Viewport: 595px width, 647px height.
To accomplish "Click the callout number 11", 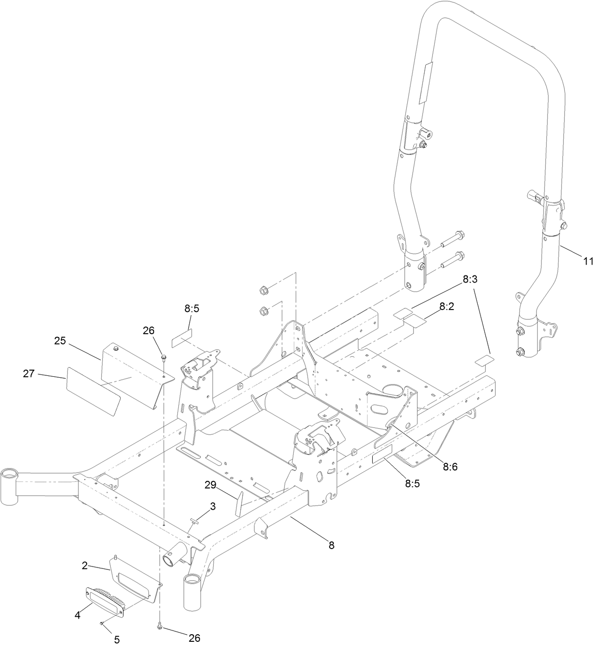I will pyautogui.click(x=588, y=260).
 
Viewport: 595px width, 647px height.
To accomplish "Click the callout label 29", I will pyautogui.click(x=211, y=485).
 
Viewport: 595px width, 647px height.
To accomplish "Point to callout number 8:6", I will pyautogui.click(x=450, y=467).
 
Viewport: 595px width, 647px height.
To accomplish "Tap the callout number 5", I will pyautogui.click(x=117, y=639).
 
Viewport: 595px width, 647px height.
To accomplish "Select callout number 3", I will pyautogui.click(x=213, y=506).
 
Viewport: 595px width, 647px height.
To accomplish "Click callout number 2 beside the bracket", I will pyautogui.click(x=84, y=565).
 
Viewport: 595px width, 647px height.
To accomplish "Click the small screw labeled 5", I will pyautogui.click(x=102, y=624).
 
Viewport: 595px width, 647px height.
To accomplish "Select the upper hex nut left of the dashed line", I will pyautogui.click(x=263, y=290).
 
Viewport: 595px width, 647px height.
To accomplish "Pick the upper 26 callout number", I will pyautogui.click(x=149, y=331).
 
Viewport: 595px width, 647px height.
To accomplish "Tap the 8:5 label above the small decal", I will pyautogui.click(x=192, y=309).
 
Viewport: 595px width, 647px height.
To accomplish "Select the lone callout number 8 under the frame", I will pyautogui.click(x=332, y=545).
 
